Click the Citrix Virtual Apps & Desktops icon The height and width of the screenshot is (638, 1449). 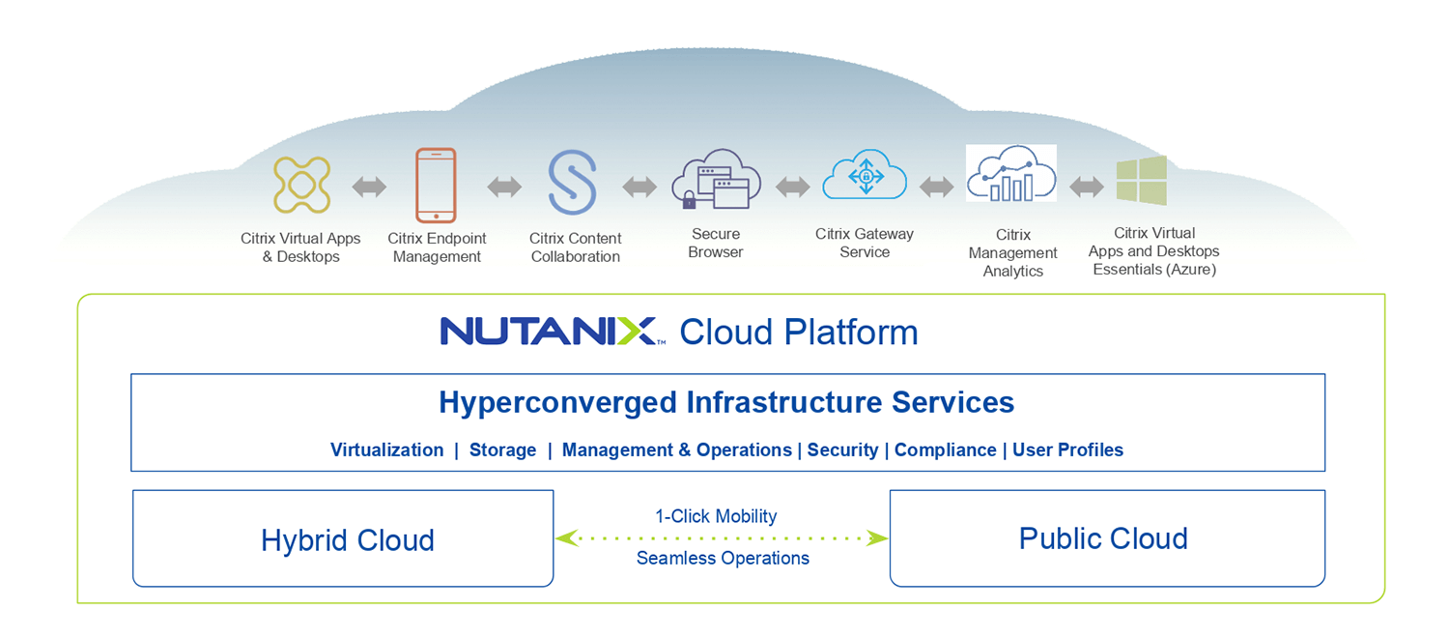[302, 184]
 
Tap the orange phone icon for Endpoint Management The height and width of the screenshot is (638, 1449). [436, 185]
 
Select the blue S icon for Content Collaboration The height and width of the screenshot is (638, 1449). [573, 183]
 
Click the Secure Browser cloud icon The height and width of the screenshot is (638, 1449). [716, 181]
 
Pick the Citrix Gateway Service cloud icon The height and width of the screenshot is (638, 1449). [865, 176]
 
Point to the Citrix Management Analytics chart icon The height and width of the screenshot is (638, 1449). [1011, 174]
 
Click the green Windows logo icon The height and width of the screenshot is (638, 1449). [1142, 181]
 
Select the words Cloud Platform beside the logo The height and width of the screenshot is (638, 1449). [799, 333]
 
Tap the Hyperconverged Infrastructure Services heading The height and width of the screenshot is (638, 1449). [726, 402]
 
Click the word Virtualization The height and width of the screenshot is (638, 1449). [386, 450]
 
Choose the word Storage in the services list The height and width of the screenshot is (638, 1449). [502, 450]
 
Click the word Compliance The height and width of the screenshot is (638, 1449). [945, 450]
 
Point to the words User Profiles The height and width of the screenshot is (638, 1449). [1067, 450]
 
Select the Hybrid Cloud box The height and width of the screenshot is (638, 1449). [343, 538]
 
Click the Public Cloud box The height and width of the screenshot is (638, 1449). [1107, 538]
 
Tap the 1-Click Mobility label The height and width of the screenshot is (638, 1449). [716, 516]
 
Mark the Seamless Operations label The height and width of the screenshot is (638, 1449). [723, 558]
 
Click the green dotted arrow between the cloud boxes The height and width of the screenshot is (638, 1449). [722, 537]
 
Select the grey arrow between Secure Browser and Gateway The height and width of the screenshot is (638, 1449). [792, 187]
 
